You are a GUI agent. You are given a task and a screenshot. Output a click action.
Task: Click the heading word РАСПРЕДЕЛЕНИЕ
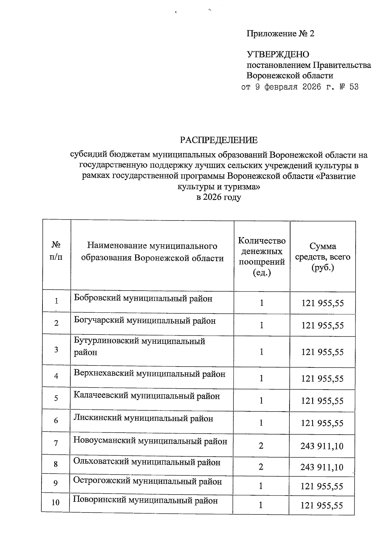(x=219, y=140)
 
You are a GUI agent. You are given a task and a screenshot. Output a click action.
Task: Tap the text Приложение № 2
(x=280, y=34)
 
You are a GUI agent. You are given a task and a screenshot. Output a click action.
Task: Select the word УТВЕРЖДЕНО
(x=278, y=54)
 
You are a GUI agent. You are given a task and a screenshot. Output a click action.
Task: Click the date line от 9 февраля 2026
(x=300, y=87)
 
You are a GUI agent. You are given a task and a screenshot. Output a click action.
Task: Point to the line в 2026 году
(x=219, y=197)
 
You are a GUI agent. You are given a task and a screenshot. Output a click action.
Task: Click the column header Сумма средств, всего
(x=322, y=257)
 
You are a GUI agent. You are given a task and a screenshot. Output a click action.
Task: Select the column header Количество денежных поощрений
(x=262, y=256)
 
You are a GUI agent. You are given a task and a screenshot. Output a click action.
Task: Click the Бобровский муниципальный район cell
(x=143, y=298)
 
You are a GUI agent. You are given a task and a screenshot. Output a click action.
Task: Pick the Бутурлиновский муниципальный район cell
(x=139, y=346)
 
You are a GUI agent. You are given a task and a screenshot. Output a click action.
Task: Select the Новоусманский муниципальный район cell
(x=150, y=441)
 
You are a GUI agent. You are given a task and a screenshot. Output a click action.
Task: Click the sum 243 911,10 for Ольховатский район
(x=322, y=467)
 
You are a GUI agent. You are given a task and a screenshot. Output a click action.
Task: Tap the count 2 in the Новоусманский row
(x=261, y=446)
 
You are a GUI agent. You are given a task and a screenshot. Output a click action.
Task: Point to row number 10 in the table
(x=56, y=502)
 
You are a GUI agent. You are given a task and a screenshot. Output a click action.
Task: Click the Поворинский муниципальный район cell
(x=145, y=500)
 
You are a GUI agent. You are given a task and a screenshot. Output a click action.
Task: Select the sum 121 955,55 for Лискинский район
(x=322, y=423)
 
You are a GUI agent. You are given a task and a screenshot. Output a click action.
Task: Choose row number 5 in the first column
(x=56, y=398)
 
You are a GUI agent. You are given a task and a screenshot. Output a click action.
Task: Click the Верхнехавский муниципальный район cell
(x=149, y=374)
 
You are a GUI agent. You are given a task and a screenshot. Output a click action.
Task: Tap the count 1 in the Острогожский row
(x=261, y=486)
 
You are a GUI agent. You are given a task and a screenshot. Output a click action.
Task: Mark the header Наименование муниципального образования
(x=152, y=252)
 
